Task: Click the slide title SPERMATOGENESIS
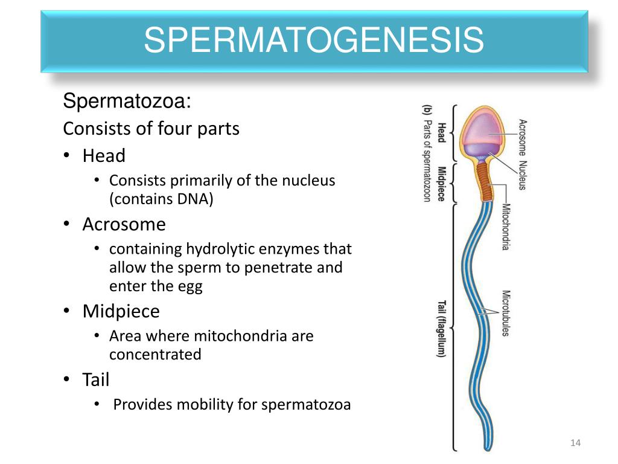[x=313, y=40]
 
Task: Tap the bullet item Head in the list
[x=104, y=156]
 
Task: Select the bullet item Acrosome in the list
[x=124, y=224]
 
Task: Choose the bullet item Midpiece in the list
[x=121, y=312]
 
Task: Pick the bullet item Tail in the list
[x=96, y=380]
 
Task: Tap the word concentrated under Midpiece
[x=155, y=354]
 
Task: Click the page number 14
[x=575, y=444]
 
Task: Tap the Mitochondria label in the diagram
[x=506, y=227]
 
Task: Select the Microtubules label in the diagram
[x=506, y=313]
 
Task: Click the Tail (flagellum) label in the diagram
[x=442, y=329]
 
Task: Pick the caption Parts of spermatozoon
[x=427, y=159]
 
